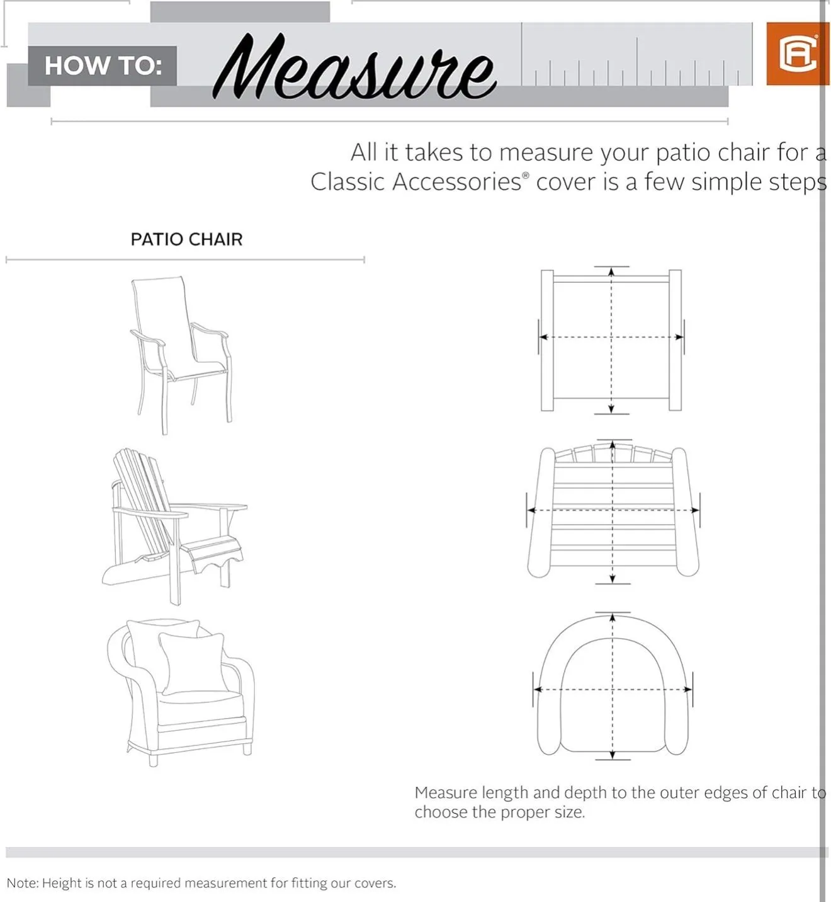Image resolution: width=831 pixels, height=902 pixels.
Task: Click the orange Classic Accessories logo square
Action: pos(797,54)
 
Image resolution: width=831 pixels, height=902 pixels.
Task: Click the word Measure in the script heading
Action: pos(354,66)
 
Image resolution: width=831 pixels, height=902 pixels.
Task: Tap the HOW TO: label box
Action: pos(102,66)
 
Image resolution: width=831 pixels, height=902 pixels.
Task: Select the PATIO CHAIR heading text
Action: pos(186,239)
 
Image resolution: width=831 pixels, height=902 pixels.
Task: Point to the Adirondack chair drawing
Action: pos(175,526)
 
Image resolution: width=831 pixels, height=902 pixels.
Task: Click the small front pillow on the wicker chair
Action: pos(193,663)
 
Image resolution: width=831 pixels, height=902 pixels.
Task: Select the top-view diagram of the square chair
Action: pos(611,340)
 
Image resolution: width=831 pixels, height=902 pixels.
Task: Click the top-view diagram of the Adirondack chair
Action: pos(613,511)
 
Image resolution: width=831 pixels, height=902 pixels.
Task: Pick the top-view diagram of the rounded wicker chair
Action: pos(613,686)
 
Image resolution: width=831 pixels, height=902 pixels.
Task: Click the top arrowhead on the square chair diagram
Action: pos(611,271)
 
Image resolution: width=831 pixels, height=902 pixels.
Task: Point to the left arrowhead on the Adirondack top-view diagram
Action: pos(532,510)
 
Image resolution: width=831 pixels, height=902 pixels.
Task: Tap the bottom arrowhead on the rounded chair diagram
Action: pos(612,755)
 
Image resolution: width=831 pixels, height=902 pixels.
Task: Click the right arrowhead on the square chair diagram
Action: pos(679,337)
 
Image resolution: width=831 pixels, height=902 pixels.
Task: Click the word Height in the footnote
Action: pos(62,883)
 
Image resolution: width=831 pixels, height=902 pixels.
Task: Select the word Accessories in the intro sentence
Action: pos(456,182)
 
